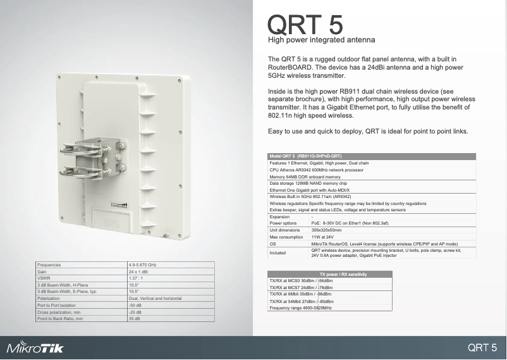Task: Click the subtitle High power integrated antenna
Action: [x=322, y=40]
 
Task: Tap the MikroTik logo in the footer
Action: [x=35, y=348]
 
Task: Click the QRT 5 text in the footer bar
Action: [x=486, y=347]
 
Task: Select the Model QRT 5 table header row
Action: [x=306, y=156]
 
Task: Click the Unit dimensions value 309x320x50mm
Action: [x=327, y=230]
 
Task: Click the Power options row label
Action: [x=283, y=223]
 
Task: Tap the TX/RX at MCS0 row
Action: [x=301, y=280]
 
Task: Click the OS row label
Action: [x=272, y=244]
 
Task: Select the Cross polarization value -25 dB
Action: [x=135, y=313]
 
